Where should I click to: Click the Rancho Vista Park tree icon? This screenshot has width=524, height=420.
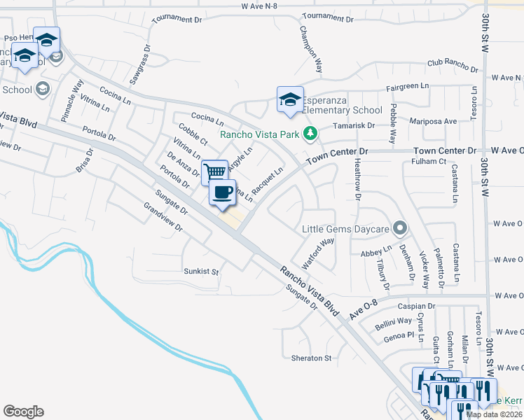click(x=310, y=133)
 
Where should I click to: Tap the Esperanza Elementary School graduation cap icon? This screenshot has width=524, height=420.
click(x=289, y=99)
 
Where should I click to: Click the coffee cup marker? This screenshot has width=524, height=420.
click(x=223, y=192)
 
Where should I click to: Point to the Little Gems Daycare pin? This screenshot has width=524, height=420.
click(x=399, y=228)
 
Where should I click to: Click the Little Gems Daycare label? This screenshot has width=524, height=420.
click(x=345, y=229)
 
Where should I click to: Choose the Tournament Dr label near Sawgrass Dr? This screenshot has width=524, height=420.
click(x=176, y=17)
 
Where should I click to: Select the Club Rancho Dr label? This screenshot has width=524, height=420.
click(x=453, y=66)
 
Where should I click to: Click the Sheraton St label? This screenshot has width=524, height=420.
click(x=311, y=358)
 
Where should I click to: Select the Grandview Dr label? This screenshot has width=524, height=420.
click(x=163, y=218)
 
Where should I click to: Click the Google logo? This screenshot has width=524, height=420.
click(x=23, y=412)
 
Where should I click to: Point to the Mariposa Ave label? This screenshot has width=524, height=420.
click(x=433, y=121)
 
